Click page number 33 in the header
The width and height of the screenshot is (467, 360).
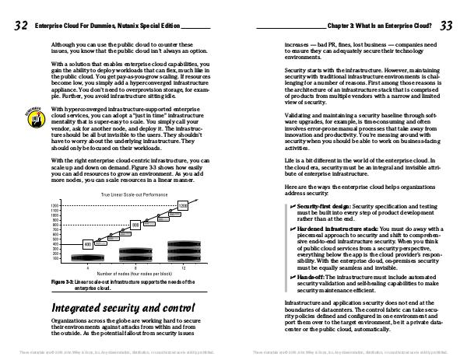446,26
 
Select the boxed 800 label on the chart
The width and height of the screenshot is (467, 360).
135,225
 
